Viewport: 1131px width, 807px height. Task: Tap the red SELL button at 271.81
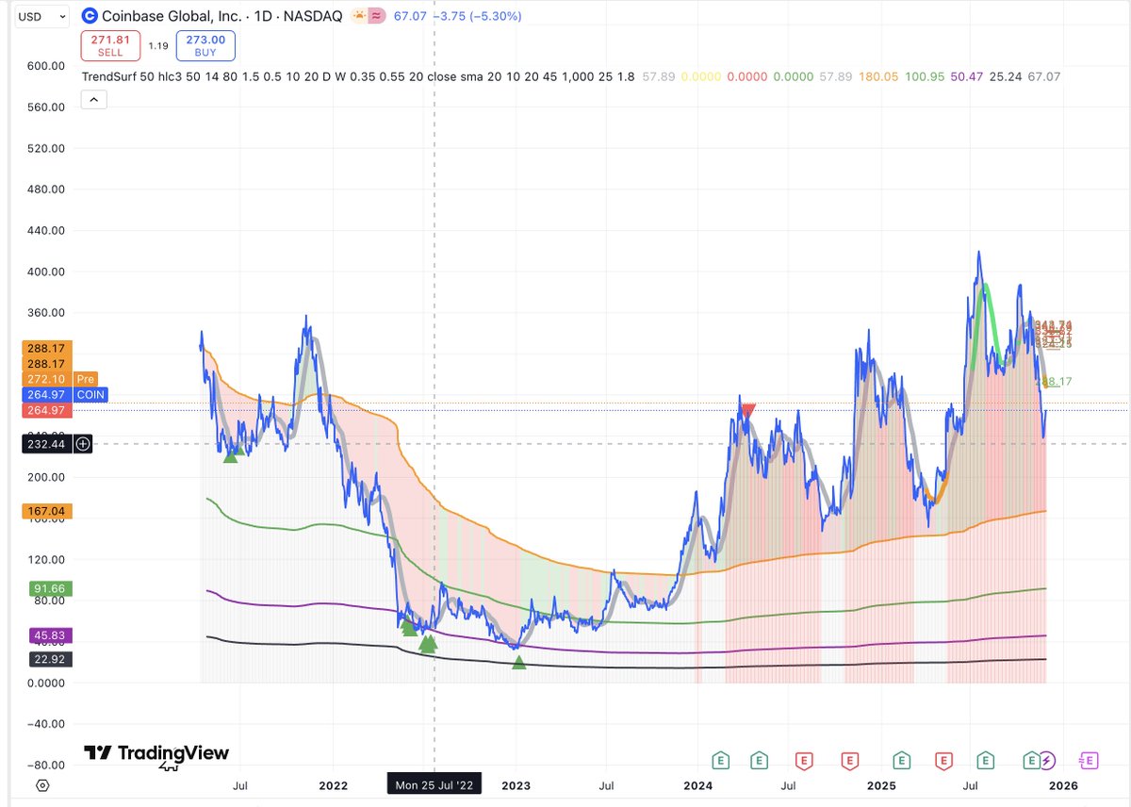tap(110, 45)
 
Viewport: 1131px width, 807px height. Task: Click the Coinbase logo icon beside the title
tap(89, 16)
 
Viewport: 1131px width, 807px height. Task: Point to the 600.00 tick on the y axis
tap(44, 66)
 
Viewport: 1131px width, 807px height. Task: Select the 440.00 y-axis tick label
tap(44, 230)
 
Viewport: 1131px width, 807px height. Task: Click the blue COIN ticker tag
tap(91, 394)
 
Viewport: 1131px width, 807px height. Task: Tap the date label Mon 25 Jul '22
tap(434, 784)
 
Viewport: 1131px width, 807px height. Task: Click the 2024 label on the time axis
tap(697, 784)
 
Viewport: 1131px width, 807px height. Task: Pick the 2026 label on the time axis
tap(1063, 784)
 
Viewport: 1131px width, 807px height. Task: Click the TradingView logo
tap(156, 753)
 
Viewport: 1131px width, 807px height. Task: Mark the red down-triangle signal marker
tap(748, 410)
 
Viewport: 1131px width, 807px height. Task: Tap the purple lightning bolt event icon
tap(1048, 760)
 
